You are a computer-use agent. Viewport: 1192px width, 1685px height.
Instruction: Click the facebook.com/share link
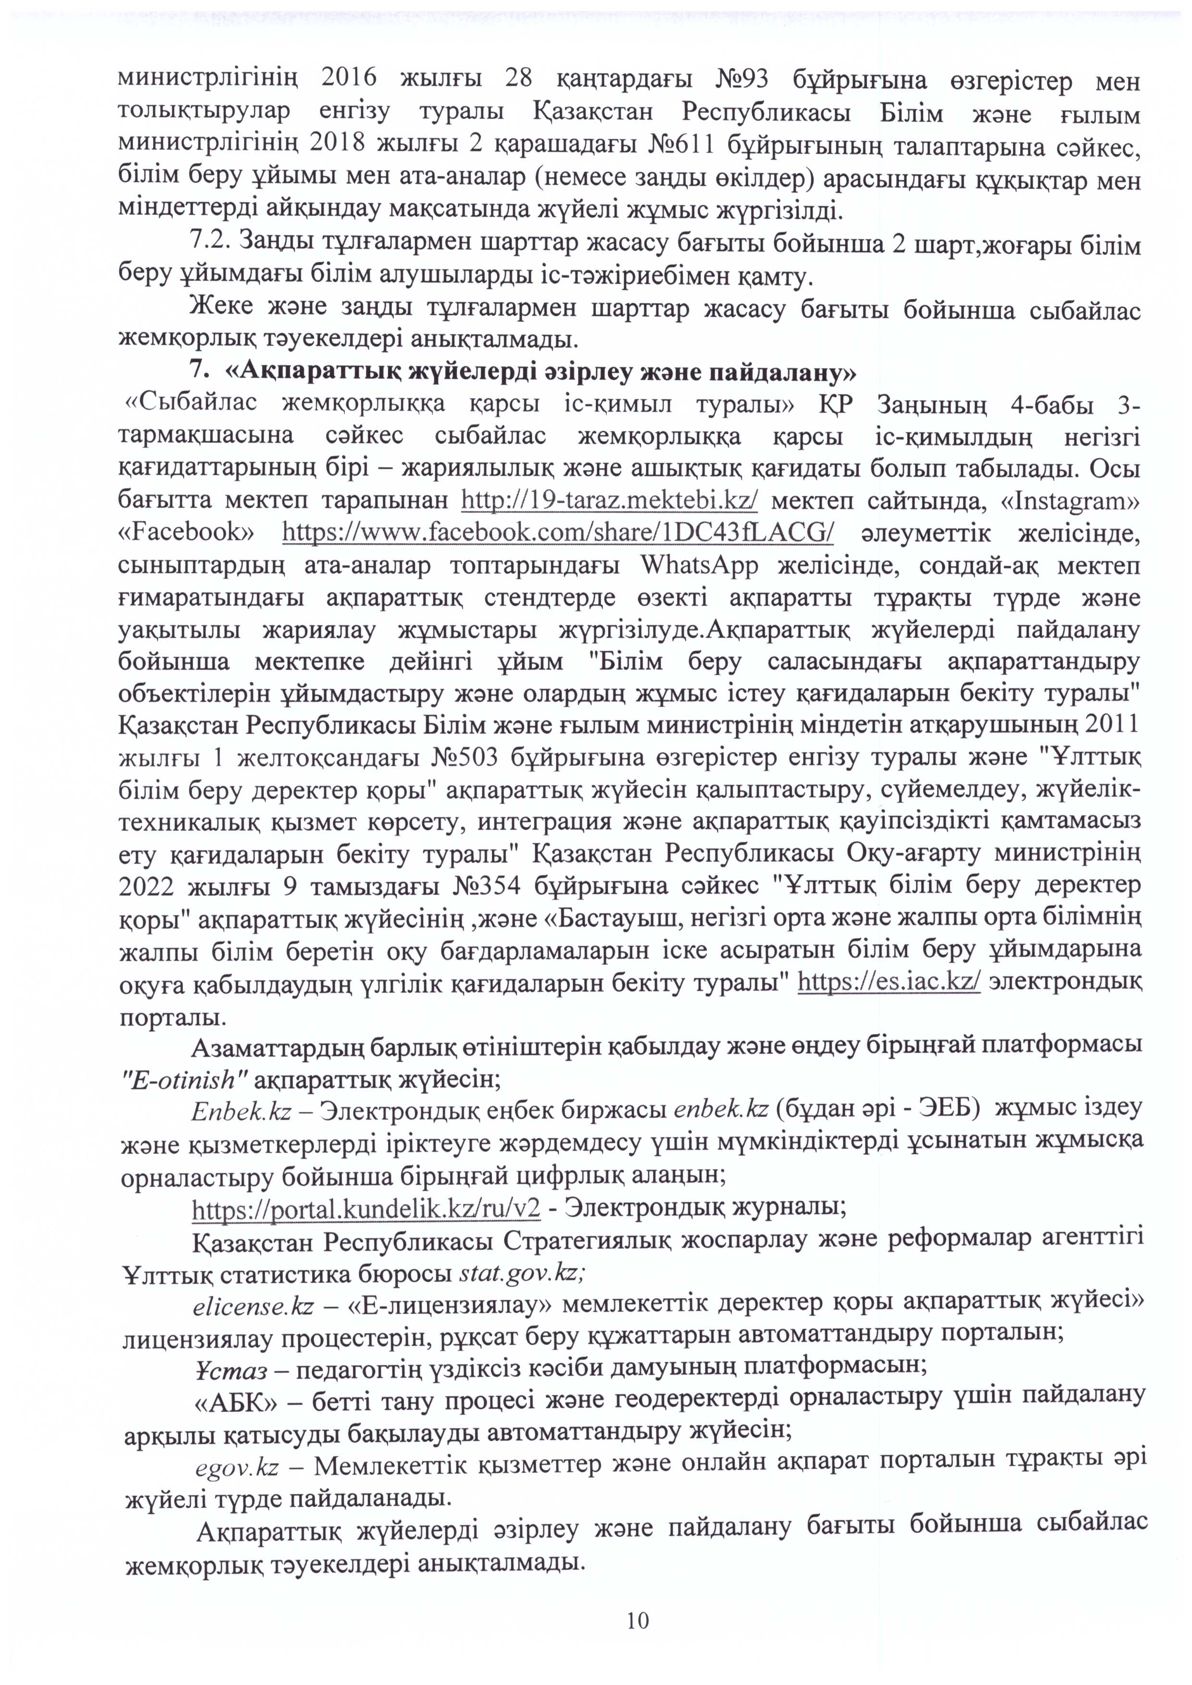pos(558,533)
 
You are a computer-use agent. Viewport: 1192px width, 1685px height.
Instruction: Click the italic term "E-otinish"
pos(184,1080)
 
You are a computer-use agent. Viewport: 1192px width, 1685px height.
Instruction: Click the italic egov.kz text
pos(236,1468)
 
